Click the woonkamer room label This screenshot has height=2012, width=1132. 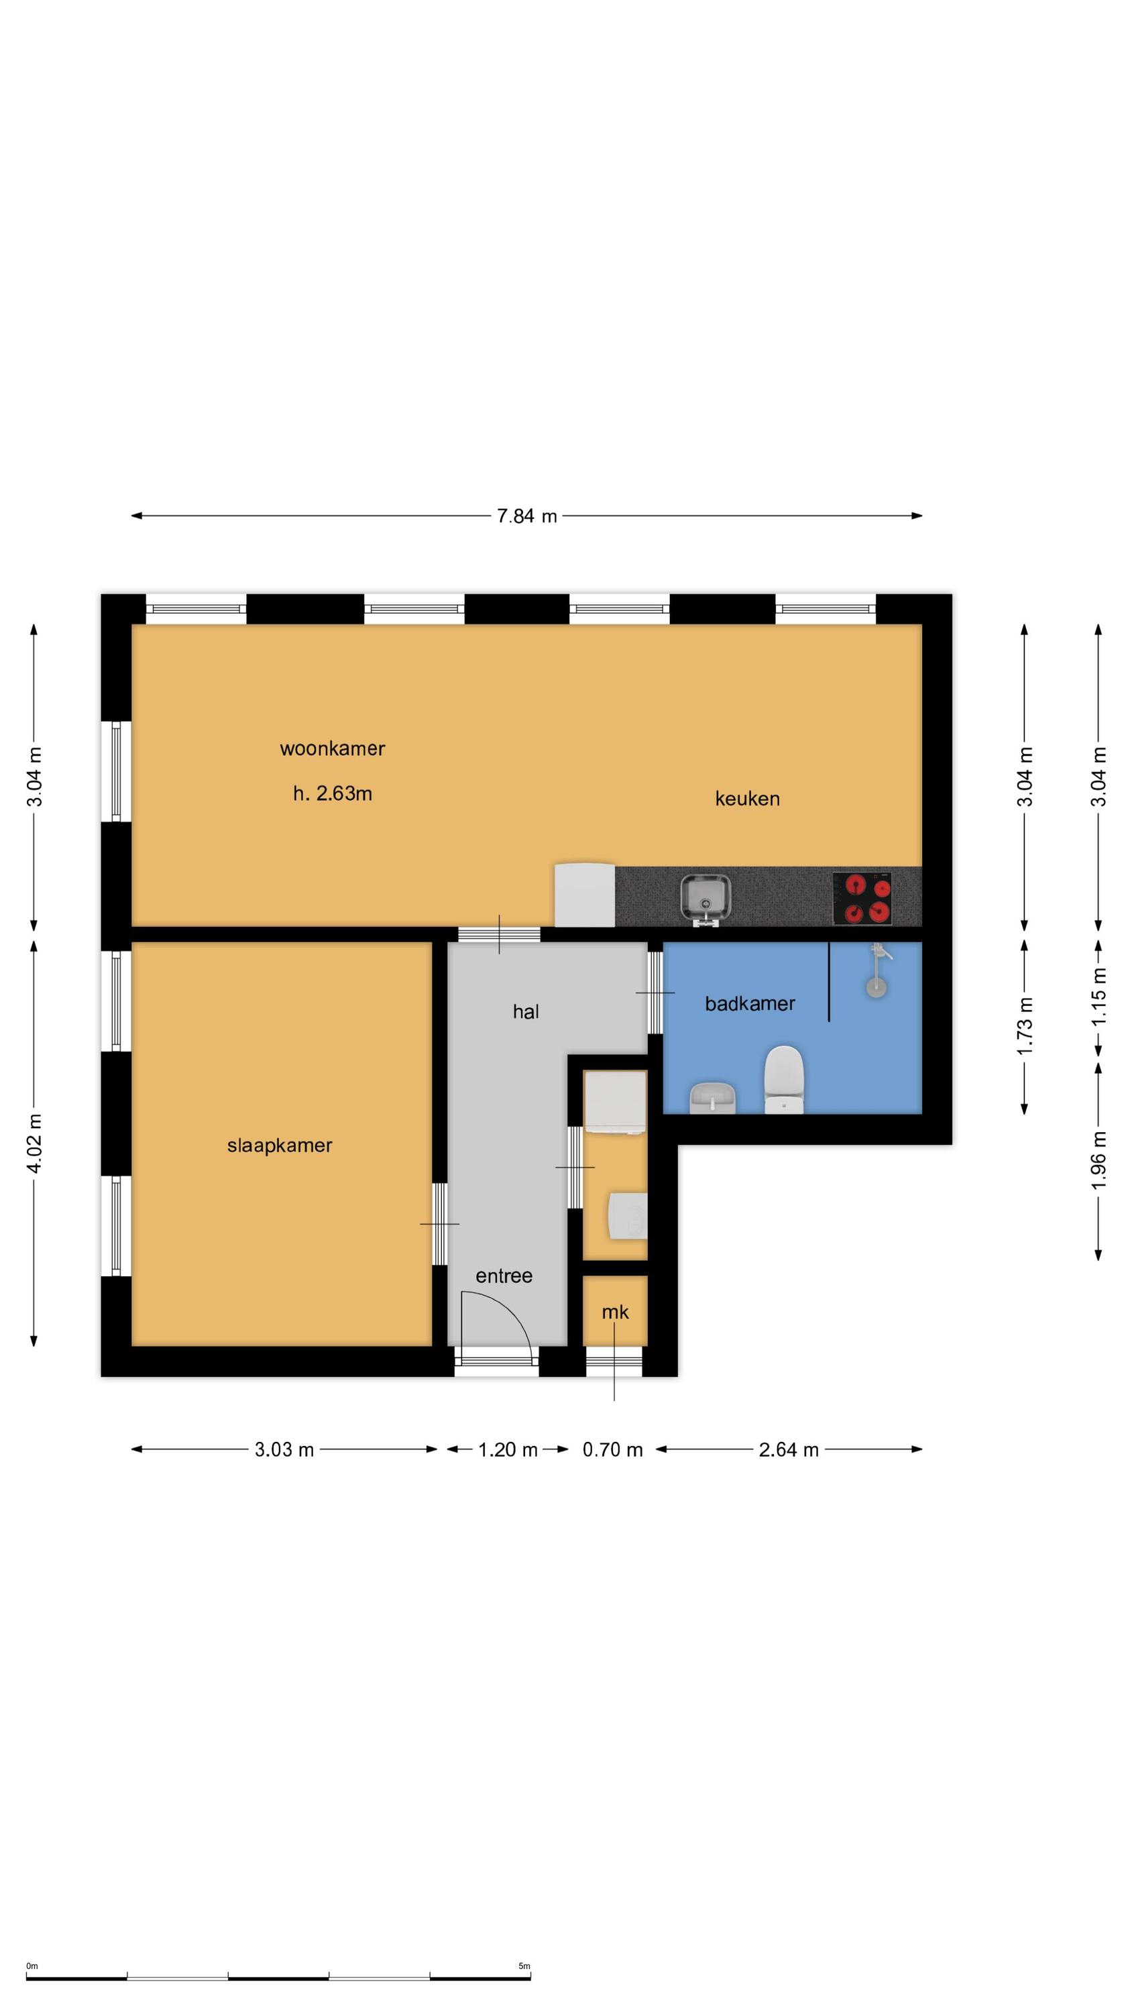pos(332,748)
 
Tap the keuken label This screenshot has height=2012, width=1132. pos(747,798)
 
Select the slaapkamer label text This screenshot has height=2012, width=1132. pos(280,1145)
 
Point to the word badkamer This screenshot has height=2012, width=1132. pos(750,1004)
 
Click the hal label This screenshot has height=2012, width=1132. pos(526,1011)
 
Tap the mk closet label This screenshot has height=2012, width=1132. pos(615,1312)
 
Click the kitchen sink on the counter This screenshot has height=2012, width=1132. pos(706,898)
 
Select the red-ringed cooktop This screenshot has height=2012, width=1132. pos(862,898)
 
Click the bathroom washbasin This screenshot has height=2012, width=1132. pos(714,1097)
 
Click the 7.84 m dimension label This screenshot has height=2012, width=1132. pos(527,516)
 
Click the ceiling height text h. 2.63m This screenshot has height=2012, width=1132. pos(332,793)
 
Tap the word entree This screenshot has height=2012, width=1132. pos(504,1276)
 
